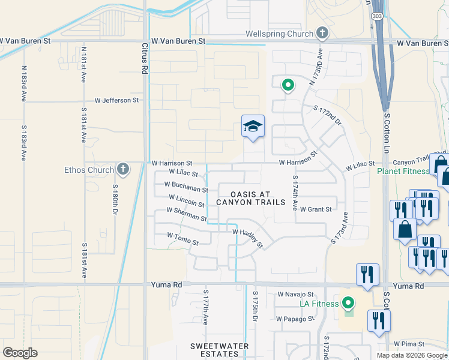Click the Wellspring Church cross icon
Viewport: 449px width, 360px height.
click(x=322, y=33)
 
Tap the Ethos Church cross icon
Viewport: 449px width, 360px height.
click(x=123, y=169)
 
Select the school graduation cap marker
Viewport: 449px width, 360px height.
click(x=253, y=127)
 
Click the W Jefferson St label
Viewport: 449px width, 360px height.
click(x=116, y=100)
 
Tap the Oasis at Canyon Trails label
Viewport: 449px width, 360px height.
click(x=250, y=198)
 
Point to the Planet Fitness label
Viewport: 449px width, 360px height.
click(x=403, y=171)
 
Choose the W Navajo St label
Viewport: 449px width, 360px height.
click(x=295, y=295)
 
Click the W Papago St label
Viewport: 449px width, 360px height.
click(x=295, y=319)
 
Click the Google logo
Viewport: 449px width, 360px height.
click(x=20, y=352)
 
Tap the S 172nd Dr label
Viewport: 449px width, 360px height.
click(x=327, y=115)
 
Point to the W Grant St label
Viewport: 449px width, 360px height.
click(x=316, y=209)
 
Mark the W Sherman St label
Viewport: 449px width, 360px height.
click(x=187, y=214)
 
